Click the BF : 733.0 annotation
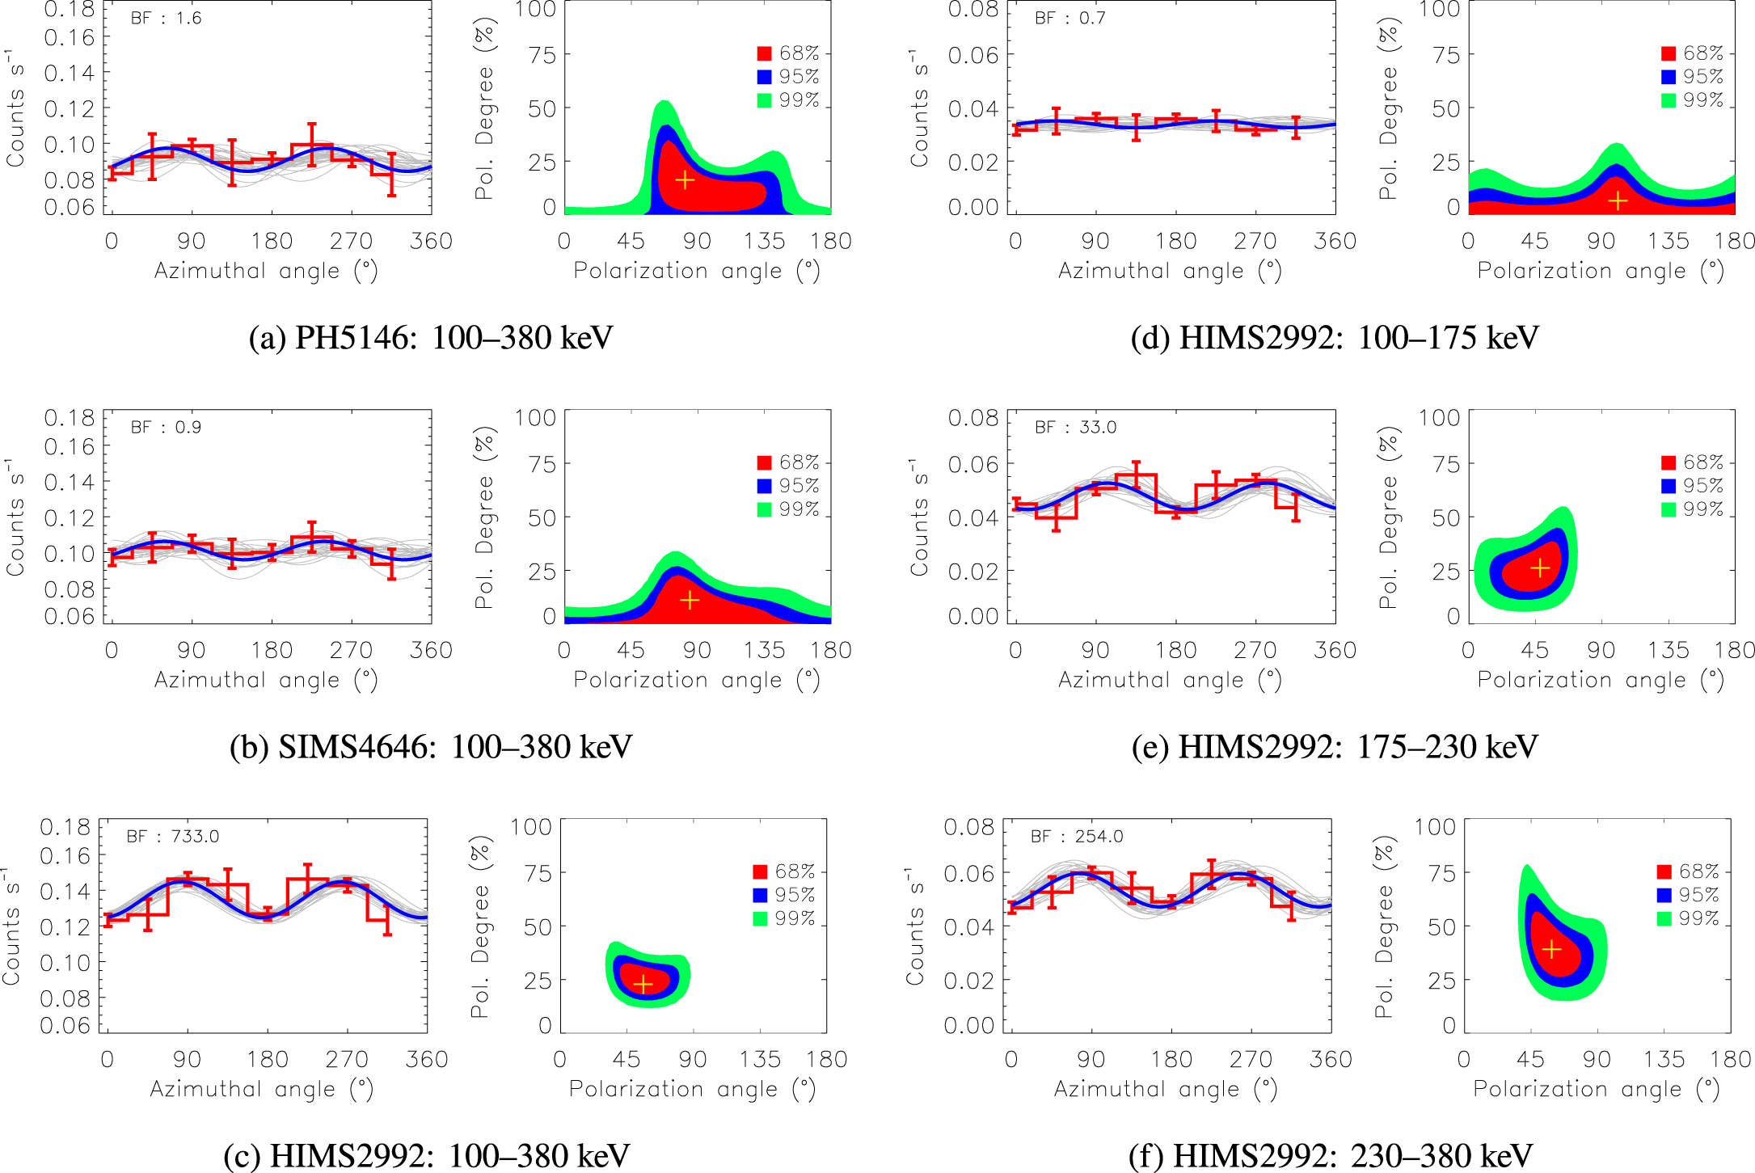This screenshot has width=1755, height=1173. pos(172,836)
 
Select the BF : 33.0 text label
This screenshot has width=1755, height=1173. pos(1075,427)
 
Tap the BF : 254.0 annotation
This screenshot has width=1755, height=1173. pos(1076,836)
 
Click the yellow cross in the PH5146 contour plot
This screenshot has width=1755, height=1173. pos(685,179)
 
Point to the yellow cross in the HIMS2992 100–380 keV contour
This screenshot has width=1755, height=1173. pos(643,984)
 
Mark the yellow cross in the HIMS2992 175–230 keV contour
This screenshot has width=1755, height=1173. pos(1540,568)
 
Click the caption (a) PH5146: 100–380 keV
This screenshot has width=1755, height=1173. pos(431,337)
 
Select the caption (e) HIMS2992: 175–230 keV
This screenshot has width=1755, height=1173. pos(1335,746)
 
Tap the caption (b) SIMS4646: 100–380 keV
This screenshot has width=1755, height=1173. pos(431,746)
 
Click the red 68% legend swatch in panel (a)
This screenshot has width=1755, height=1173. pos(764,53)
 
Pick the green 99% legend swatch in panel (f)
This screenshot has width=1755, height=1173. pos(1664,918)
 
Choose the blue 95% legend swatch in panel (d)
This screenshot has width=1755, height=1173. pos(1668,77)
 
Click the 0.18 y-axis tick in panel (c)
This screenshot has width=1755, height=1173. pos(65,826)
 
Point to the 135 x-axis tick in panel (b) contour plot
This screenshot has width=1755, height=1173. pos(764,650)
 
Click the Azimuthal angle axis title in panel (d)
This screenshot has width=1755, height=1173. pos(1170,271)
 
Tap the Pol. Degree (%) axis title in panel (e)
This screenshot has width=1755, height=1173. pos(1388,517)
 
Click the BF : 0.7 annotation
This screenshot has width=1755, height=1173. pos(1069,18)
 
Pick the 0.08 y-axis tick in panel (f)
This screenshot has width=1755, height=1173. pos(968,826)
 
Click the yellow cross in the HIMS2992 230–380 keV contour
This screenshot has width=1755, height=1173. pos(1551,949)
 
